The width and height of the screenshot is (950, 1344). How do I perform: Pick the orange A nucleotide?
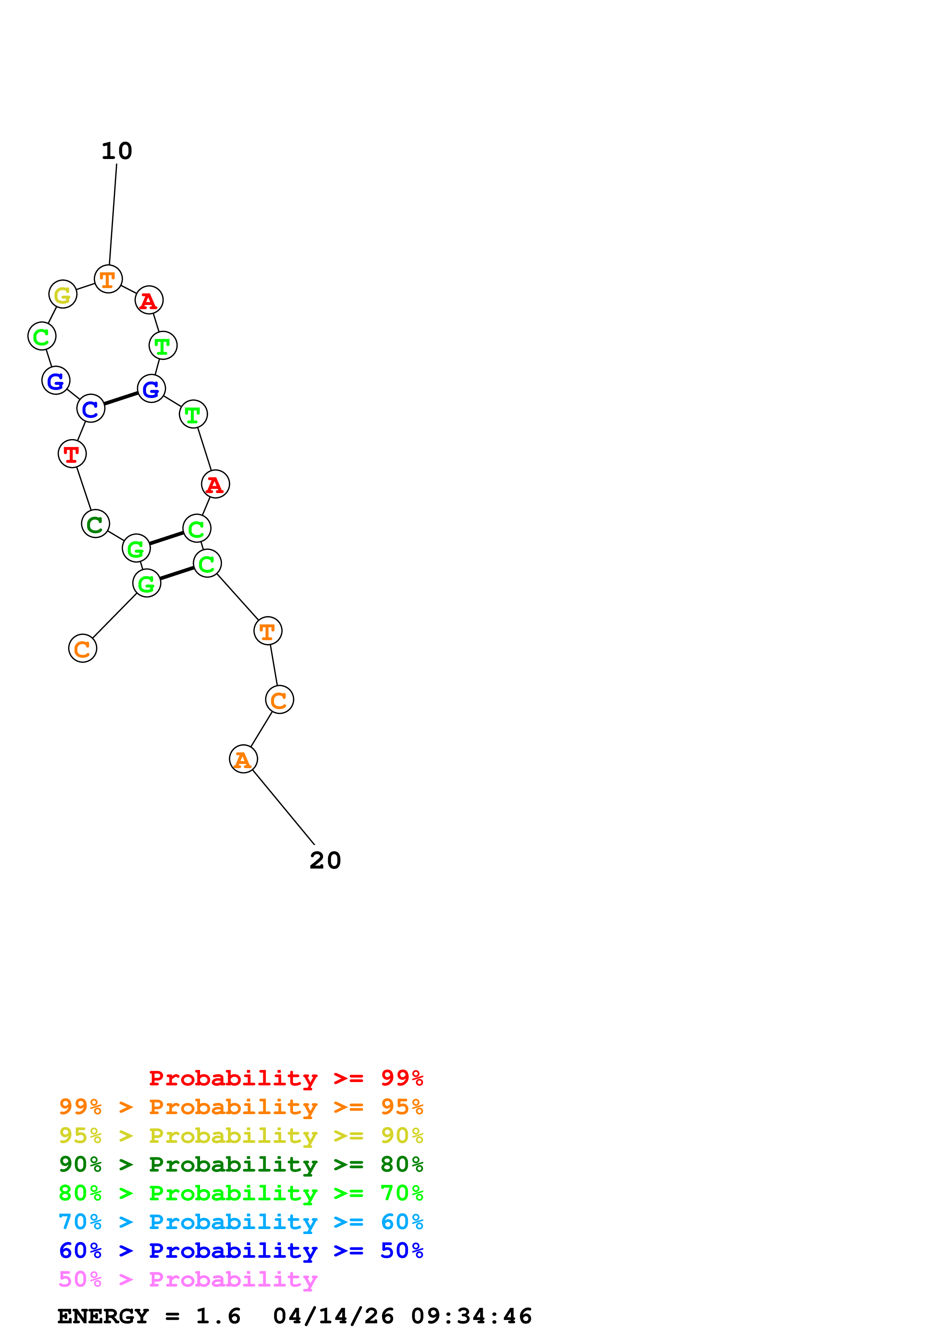coord(243,759)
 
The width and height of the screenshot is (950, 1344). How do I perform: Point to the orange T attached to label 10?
coord(108,279)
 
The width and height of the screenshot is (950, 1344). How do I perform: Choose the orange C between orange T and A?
coord(279,700)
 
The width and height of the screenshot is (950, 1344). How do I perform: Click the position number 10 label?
coord(117,151)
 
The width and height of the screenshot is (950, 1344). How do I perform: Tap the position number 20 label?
coord(325,860)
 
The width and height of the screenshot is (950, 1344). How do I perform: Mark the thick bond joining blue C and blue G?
coord(121,398)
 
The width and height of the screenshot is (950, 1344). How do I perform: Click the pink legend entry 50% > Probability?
coord(188,1280)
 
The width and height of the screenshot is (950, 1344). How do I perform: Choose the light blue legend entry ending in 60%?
coord(241,1222)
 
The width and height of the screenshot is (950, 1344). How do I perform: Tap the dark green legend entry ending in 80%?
coord(241,1165)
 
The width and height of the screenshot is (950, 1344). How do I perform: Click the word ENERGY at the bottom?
coord(103,1316)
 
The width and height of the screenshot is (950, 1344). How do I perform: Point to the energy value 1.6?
coord(218,1316)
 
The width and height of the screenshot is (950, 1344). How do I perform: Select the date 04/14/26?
coord(333,1316)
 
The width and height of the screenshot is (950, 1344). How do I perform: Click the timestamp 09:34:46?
coord(471,1316)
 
